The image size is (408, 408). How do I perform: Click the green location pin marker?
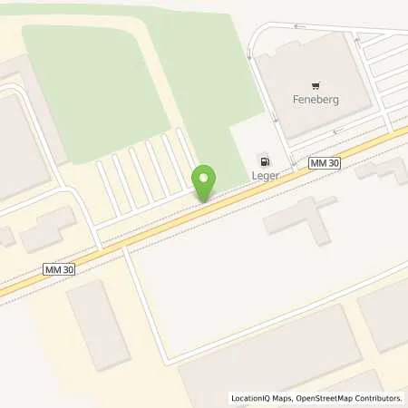(205, 180)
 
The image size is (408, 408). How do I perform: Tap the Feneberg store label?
(316, 100)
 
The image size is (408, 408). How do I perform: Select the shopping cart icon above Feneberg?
(316, 81)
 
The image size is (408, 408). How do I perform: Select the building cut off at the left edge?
(18, 145)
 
